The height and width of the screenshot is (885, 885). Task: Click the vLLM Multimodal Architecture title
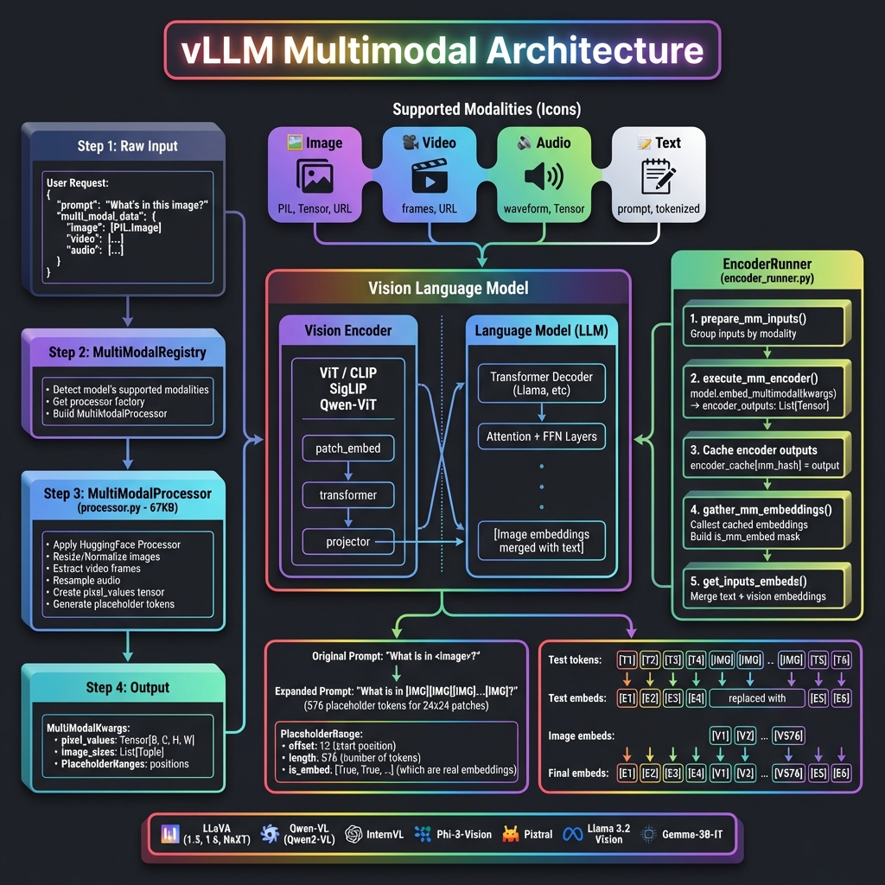(x=442, y=51)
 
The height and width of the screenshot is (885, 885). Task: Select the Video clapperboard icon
(x=429, y=175)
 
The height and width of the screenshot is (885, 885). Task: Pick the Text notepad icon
(x=659, y=175)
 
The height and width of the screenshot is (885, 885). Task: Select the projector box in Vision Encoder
(x=347, y=542)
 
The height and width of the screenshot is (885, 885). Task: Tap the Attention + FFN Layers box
(x=540, y=436)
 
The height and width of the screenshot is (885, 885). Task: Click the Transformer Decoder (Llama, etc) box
(x=540, y=385)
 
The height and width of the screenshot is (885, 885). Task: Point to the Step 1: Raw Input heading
(x=127, y=145)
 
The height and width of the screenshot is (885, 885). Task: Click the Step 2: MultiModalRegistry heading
(x=127, y=352)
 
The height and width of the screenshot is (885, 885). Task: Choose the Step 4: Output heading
(x=127, y=687)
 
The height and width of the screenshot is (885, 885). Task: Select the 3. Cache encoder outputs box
(x=767, y=458)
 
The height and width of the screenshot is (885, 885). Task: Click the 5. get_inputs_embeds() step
(x=767, y=588)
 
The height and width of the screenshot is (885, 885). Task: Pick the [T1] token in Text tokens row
(x=627, y=660)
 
